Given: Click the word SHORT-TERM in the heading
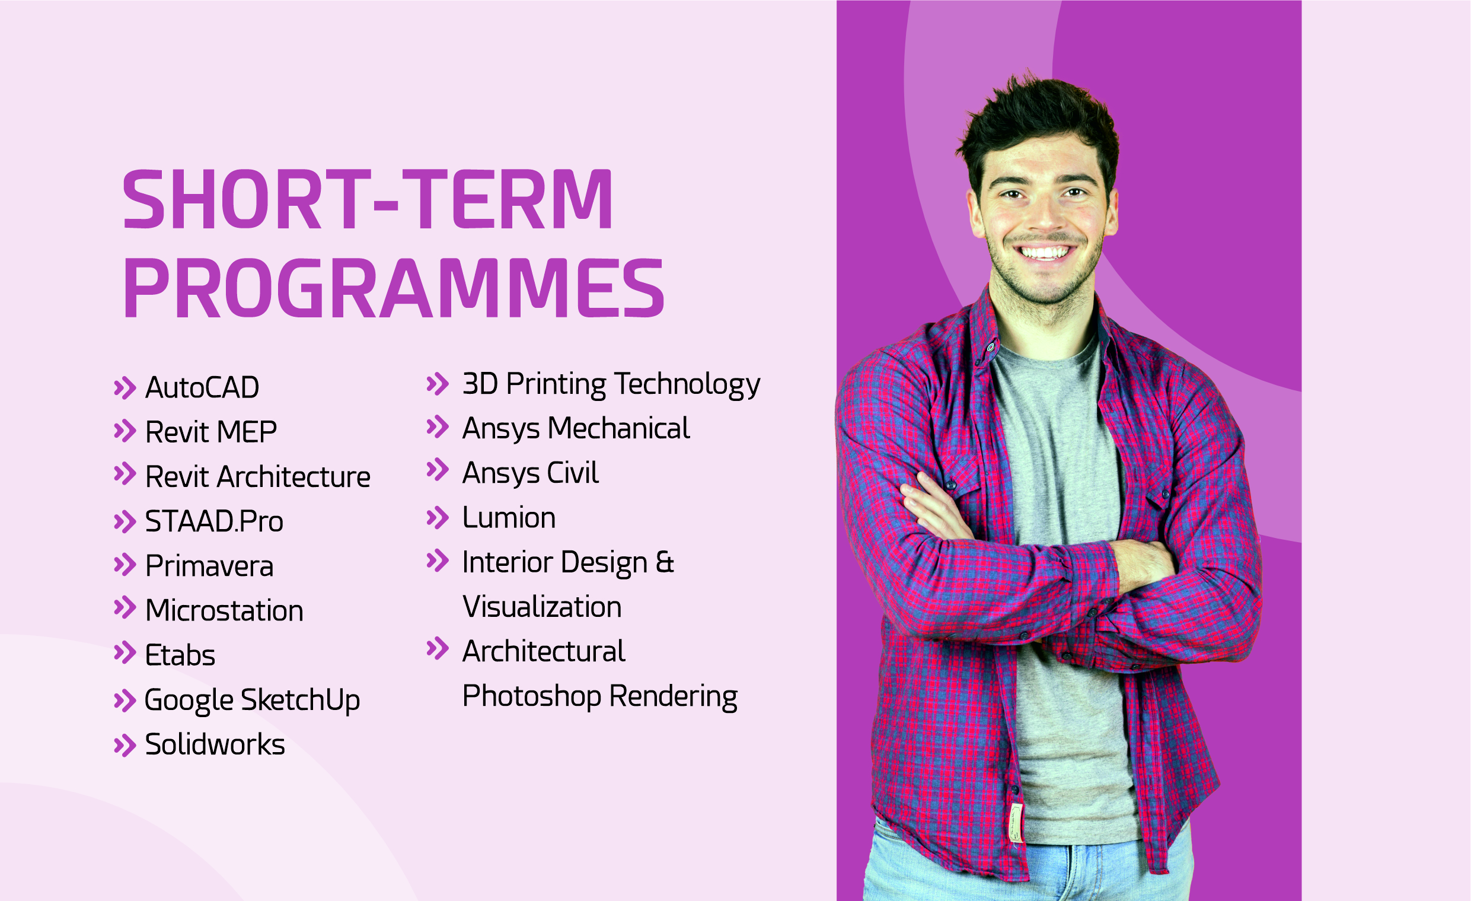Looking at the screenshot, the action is tap(368, 199).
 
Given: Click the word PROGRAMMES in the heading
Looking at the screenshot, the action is tap(394, 289).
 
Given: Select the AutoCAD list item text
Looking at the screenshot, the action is tap(202, 387).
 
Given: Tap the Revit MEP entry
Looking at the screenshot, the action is tap(210, 432).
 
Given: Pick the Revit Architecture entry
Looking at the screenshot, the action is tap(258, 476).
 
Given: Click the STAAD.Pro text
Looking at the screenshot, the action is tap(214, 521).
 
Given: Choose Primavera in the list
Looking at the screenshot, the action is tap(209, 566).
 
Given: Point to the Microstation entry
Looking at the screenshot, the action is tap(225, 610).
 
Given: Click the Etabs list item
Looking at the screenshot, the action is tap(180, 655).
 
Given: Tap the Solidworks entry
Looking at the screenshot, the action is tap(215, 744).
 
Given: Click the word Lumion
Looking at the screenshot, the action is tap(509, 518).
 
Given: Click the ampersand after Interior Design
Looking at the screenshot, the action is tap(665, 562).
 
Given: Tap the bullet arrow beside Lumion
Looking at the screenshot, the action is tap(438, 518).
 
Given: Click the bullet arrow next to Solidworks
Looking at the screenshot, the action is tap(125, 746).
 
